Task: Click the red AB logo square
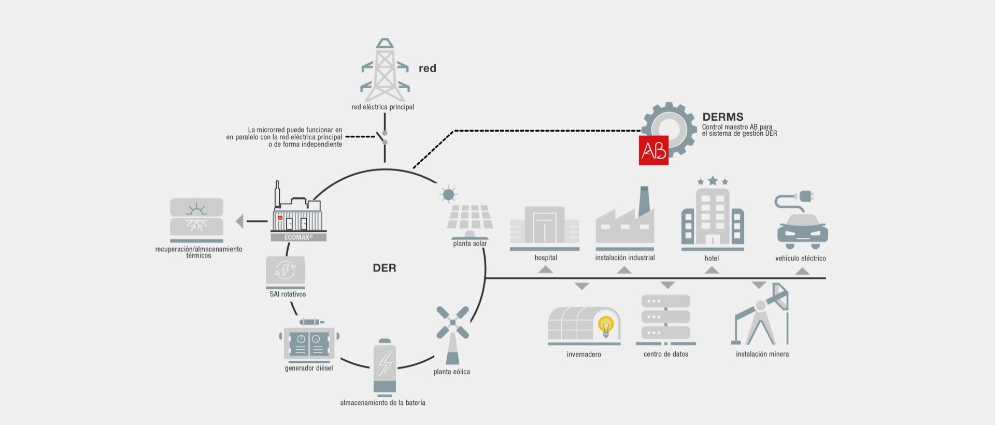(653, 150)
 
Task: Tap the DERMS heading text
(723, 117)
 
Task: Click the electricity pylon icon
(385, 70)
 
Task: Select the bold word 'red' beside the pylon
(428, 68)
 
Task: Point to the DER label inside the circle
(385, 268)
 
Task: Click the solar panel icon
(470, 212)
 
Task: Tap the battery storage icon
(385, 367)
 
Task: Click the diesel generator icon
(309, 341)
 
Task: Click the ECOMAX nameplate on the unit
(298, 237)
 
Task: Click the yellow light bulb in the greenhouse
(605, 327)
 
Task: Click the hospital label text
(546, 258)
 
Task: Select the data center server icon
(666, 319)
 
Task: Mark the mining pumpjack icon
(760, 314)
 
